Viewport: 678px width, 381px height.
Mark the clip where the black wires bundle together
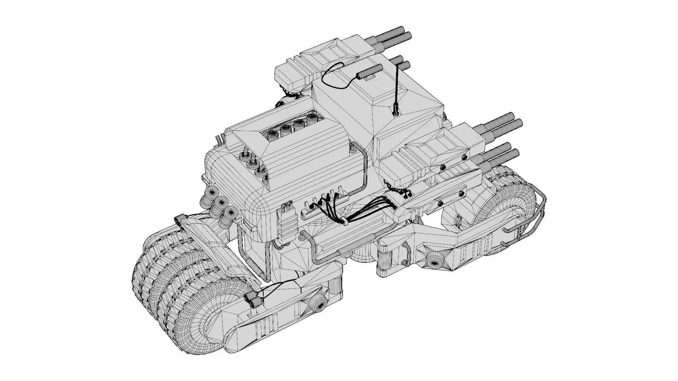pyautogui.click(x=345, y=223)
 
